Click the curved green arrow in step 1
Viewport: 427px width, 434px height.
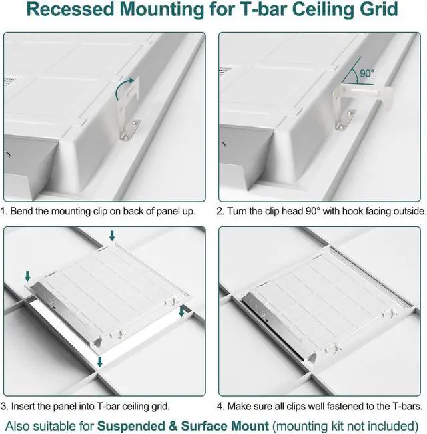[x=125, y=85]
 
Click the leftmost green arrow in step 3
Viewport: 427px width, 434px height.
[x=27, y=275]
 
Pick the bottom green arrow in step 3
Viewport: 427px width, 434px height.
[x=99, y=361]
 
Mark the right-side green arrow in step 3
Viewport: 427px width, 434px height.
[x=183, y=312]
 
